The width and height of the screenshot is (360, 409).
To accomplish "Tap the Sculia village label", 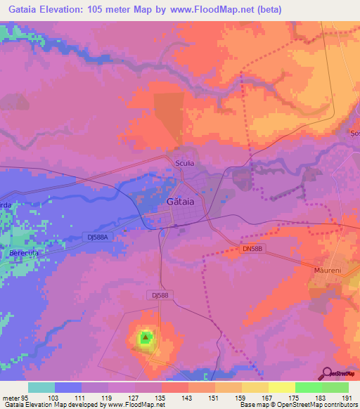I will tap(184, 163).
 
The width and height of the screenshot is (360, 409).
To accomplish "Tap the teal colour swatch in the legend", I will tap(41, 387).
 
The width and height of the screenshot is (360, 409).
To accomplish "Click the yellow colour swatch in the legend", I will tap(281, 387).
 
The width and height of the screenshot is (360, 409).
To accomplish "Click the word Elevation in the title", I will tap(63, 9).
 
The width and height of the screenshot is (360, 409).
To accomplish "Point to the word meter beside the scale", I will tap(8, 398).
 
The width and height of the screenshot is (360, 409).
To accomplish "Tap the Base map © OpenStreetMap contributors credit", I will tap(298, 405).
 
